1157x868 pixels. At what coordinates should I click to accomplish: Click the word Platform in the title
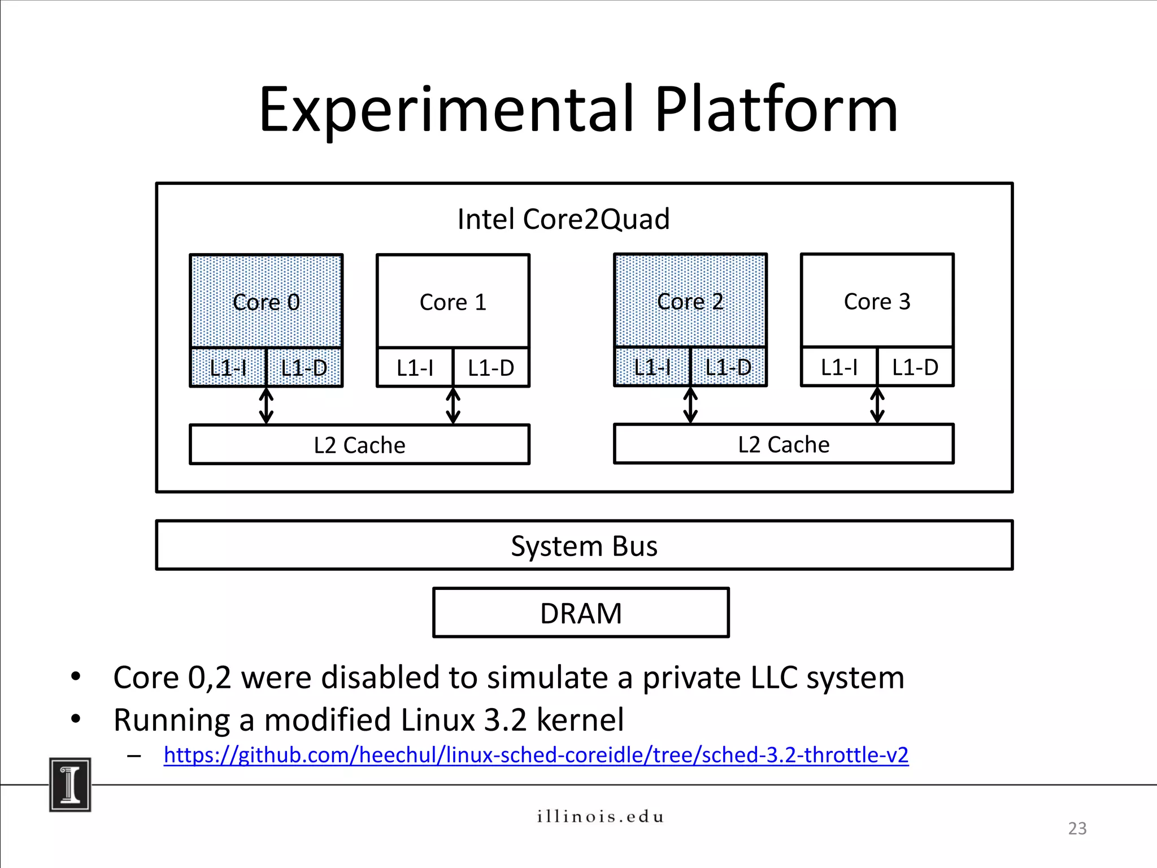point(775,110)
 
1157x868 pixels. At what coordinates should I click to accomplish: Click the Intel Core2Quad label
point(563,219)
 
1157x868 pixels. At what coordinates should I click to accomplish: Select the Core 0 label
point(266,302)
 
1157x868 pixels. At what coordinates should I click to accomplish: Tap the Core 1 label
point(453,302)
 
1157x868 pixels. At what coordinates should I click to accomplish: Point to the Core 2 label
point(690,302)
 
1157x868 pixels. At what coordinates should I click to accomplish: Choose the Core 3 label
point(877,302)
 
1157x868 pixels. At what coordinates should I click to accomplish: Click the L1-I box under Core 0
point(228,368)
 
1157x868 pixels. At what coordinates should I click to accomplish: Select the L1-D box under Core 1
point(491,368)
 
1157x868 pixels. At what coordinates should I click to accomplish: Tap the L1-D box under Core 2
point(728,367)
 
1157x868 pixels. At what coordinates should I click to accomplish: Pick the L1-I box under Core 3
point(839,367)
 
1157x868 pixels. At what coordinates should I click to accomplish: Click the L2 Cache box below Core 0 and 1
point(359,445)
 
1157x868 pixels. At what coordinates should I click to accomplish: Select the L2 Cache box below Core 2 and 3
point(784,445)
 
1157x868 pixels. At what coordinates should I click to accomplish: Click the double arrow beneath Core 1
point(453,406)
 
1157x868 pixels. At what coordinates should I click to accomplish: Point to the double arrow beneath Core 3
point(877,405)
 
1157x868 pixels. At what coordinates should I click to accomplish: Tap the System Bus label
point(584,546)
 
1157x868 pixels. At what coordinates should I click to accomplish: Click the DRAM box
point(581,613)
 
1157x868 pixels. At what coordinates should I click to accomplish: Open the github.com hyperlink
point(536,755)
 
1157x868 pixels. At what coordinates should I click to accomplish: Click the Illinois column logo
point(70,784)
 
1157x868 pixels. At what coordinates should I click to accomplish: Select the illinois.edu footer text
point(600,817)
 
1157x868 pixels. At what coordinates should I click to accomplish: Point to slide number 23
point(1077,828)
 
